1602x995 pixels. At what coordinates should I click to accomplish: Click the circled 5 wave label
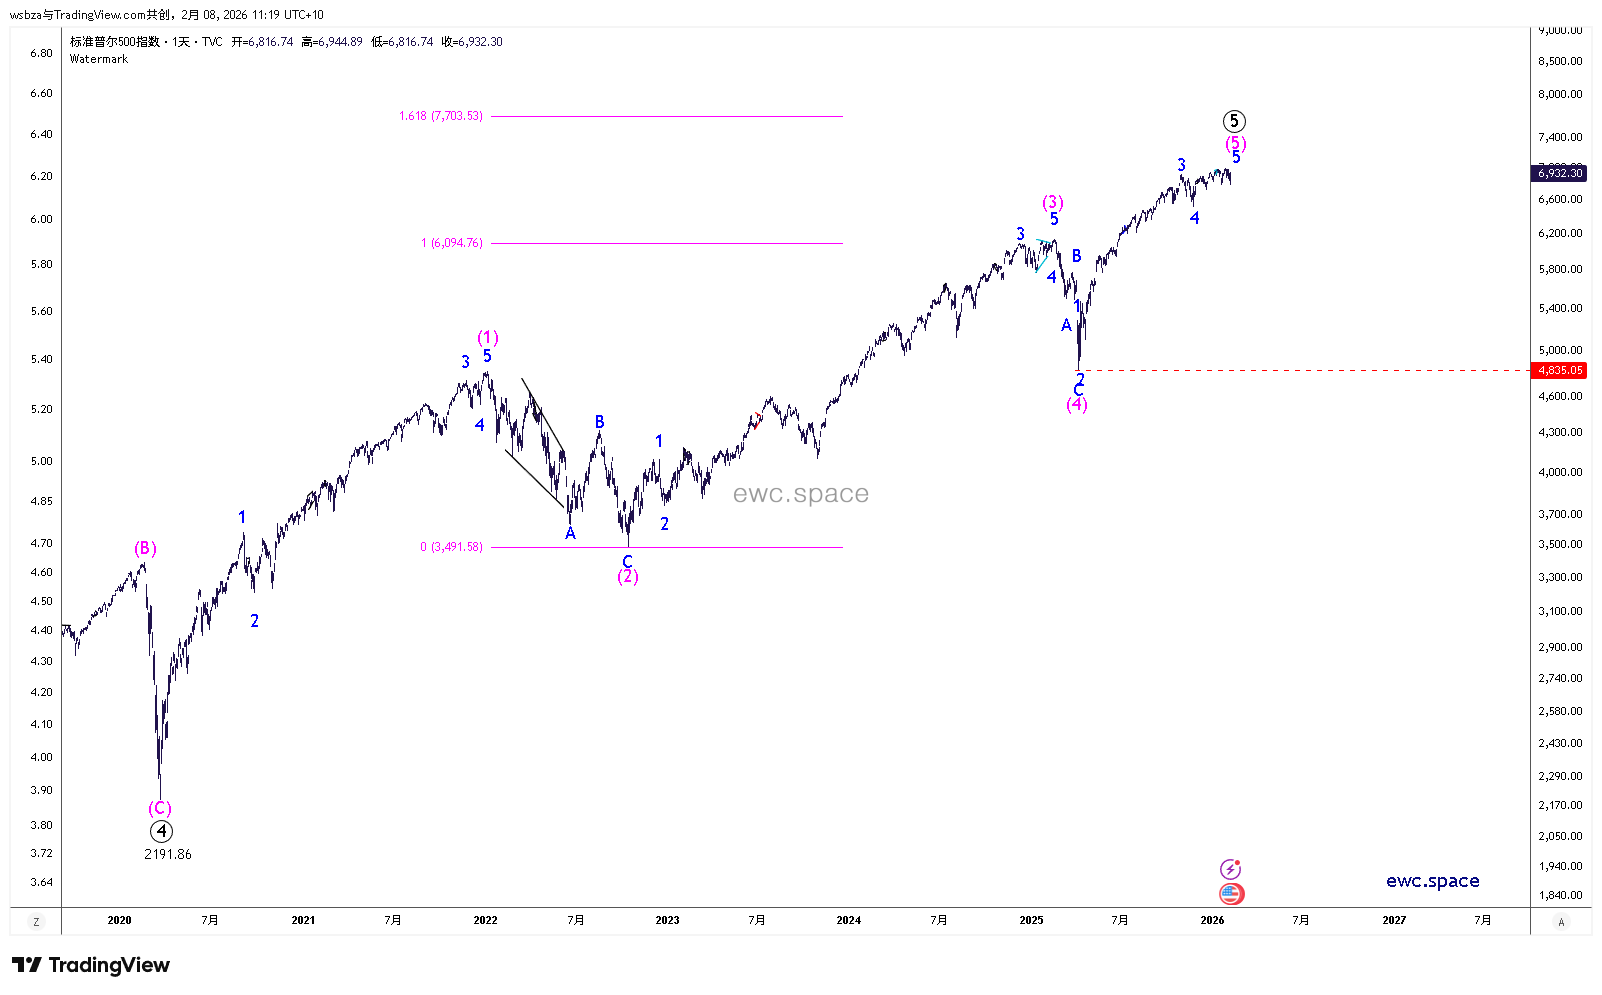pyautogui.click(x=1234, y=121)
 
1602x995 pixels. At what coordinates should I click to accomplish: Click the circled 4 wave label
pyautogui.click(x=161, y=831)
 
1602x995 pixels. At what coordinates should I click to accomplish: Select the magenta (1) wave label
pyautogui.click(x=488, y=338)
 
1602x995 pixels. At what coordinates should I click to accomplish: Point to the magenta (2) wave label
pyautogui.click(x=628, y=577)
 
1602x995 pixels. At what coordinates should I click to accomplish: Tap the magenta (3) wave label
pyautogui.click(x=1053, y=203)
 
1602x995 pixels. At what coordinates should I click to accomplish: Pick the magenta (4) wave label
pyautogui.click(x=1077, y=405)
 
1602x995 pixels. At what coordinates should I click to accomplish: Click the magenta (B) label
pyautogui.click(x=146, y=548)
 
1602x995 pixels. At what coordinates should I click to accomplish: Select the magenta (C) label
pyautogui.click(x=160, y=809)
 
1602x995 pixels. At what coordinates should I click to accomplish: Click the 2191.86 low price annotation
pyautogui.click(x=168, y=854)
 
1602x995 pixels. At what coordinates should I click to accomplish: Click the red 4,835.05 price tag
pyautogui.click(x=1560, y=370)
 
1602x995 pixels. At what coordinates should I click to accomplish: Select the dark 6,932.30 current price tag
pyautogui.click(x=1560, y=173)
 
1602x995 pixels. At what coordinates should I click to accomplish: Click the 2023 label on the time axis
pyautogui.click(x=667, y=920)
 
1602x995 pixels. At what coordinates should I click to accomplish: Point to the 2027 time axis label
pyautogui.click(x=1394, y=920)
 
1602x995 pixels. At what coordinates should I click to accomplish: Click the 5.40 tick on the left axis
pyautogui.click(x=41, y=359)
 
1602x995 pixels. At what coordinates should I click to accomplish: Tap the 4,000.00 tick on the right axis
pyautogui.click(x=1560, y=472)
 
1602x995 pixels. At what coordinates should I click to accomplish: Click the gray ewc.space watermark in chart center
pyautogui.click(x=800, y=494)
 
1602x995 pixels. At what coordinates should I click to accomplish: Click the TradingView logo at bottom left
pyautogui.click(x=91, y=965)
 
